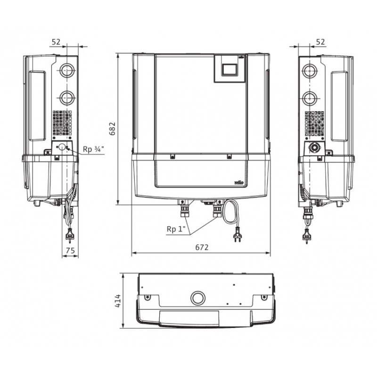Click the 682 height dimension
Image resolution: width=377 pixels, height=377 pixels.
[x=113, y=129]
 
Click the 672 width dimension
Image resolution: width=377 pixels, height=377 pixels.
[x=202, y=247]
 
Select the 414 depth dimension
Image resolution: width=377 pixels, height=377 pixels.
[x=117, y=301]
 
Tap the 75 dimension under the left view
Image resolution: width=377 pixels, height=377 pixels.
[x=70, y=251]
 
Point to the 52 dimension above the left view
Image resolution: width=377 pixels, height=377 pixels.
[x=56, y=42]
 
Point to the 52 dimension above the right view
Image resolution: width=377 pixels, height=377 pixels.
[x=320, y=42]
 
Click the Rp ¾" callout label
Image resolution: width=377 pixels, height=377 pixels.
[x=93, y=149]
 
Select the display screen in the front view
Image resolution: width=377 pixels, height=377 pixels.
[x=229, y=70]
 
